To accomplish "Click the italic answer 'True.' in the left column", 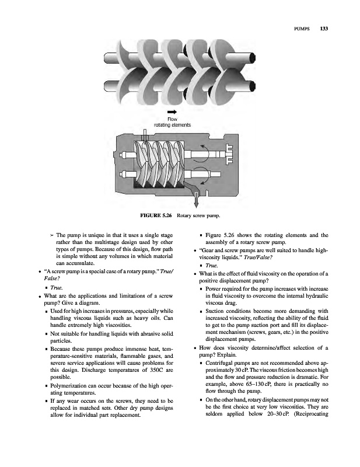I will [x=53, y=288].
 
